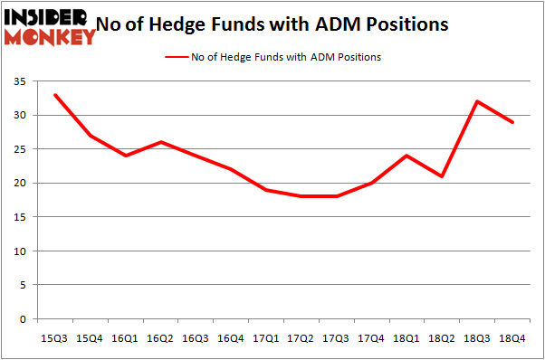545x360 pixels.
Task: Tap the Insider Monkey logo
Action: pos(50,26)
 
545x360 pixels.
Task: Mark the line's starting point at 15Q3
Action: pos(56,95)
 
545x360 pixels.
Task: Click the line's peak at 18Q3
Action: pos(478,101)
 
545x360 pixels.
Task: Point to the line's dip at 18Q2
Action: pos(443,176)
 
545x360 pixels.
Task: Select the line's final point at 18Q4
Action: pos(513,122)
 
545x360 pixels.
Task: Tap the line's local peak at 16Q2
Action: pos(160,142)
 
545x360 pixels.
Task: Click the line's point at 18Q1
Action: pos(407,156)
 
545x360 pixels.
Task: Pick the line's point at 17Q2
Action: pos(301,196)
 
